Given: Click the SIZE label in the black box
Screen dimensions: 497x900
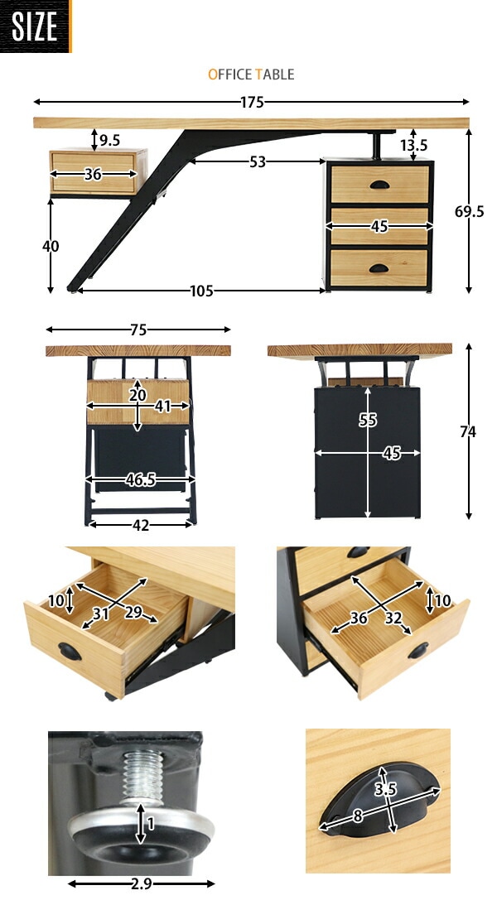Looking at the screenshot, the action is (35, 26).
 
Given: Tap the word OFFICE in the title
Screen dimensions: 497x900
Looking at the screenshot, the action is (229, 75).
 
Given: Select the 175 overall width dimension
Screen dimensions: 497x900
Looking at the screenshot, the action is (251, 102).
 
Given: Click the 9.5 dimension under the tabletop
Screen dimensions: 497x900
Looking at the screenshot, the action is (109, 140).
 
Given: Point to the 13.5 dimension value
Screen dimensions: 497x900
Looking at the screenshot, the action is (414, 146).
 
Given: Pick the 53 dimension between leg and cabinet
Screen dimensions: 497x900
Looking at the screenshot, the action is (257, 162).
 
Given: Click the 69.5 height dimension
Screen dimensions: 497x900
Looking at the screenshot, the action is (470, 211).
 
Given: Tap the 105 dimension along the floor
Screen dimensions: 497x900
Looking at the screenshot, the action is (201, 291).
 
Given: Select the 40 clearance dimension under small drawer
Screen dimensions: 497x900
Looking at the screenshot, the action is (51, 246).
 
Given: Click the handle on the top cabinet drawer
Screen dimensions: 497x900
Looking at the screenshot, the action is (379, 185).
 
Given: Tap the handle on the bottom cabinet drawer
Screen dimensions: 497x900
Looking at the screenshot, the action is (379, 268).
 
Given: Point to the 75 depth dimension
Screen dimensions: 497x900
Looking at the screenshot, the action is (138, 330).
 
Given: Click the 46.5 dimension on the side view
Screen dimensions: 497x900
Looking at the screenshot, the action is (141, 480).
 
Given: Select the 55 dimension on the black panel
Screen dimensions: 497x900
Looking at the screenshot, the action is (368, 421).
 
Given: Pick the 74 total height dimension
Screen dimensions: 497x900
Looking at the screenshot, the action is (468, 432).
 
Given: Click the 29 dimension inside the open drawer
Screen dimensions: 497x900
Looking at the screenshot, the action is (133, 613).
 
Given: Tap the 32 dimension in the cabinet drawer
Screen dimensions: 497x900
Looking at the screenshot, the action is (393, 618).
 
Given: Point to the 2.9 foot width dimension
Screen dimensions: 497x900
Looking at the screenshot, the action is (141, 884).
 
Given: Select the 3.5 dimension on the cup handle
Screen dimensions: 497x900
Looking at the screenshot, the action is (386, 790).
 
